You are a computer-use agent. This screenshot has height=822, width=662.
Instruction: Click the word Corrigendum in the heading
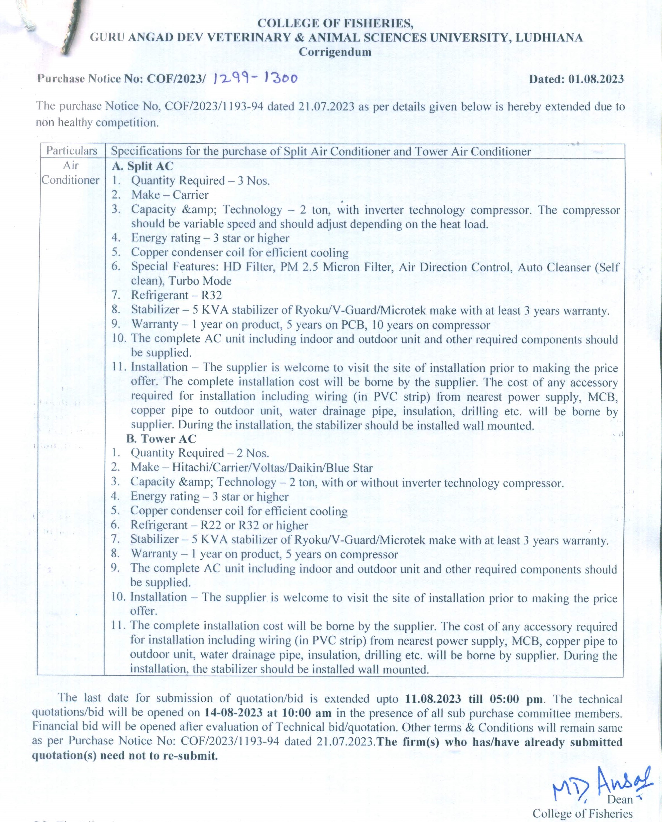tap(335, 52)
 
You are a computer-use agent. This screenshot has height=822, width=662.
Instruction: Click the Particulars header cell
tap(72, 151)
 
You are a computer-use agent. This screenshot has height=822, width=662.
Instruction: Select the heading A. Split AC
tap(143, 166)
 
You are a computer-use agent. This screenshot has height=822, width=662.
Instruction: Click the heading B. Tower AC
tap(161, 439)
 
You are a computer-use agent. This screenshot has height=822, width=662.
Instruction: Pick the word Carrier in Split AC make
tap(190, 195)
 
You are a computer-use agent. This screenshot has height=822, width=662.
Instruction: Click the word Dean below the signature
tap(620, 799)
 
